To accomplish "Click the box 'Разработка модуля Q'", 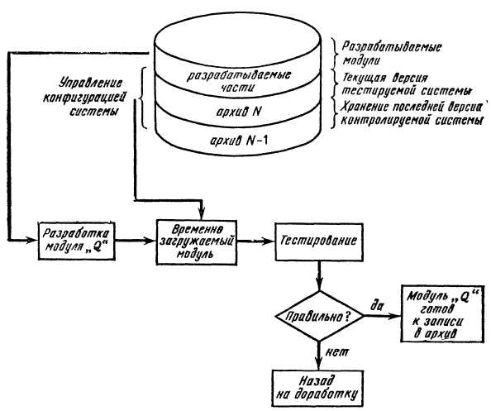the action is [x=77, y=241].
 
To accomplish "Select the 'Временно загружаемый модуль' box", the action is [x=197, y=241].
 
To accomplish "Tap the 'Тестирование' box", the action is [x=319, y=241].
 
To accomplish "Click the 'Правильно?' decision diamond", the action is [x=319, y=316].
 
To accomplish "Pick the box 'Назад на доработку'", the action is [x=318, y=388].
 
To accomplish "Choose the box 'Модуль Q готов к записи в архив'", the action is [x=442, y=314].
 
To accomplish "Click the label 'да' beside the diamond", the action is [x=377, y=304].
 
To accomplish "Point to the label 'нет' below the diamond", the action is [x=336, y=353].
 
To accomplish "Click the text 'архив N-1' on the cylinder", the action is [x=239, y=141].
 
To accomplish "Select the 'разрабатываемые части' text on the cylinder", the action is [x=239, y=81].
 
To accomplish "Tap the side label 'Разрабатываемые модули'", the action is [x=392, y=53].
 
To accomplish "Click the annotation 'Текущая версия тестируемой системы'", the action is [x=407, y=84].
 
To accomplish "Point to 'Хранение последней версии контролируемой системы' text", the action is [x=412, y=113].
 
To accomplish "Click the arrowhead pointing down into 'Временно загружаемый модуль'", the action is [x=201, y=215].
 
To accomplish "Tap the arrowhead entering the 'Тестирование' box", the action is [x=270, y=241].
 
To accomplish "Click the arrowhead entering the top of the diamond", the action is [x=319, y=286].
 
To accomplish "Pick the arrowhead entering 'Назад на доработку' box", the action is [x=318, y=366].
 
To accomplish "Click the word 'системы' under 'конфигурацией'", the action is [x=94, y=112].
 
